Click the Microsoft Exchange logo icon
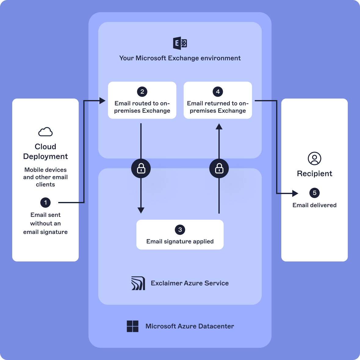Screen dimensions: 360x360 [x=180, y=43]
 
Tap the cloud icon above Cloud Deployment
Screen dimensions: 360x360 [x=45, y=132]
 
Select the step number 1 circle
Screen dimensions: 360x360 [x=45, y=203]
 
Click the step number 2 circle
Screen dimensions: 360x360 [x=142, y=92]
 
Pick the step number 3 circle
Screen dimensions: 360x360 [x=180, y=230]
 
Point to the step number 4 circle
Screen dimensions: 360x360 [x=218, y=92]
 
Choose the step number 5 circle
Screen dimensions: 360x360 [x=315, y=193]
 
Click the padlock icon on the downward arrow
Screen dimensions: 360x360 [x=141, y=168]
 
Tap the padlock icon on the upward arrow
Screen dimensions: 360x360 [x=219, y=168]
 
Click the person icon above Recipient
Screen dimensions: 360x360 [x=315, y=158]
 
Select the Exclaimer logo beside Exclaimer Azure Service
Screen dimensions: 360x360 [x=138, y=283]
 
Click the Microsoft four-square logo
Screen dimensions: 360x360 [x=133, y=326]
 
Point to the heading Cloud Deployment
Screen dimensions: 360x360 [x=45, y=151]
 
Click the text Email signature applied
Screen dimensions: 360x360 [x=180, y=241]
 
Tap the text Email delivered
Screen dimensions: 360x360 [x=315, y=205]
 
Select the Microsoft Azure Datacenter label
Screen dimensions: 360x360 [x=190, y=326]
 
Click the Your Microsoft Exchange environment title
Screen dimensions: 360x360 [x=180, y=58]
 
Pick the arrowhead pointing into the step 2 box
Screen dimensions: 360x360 [x=103, y=100]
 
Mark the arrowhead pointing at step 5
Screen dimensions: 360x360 [x=295, y=193]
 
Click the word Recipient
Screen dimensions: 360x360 [x=315, y=174]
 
